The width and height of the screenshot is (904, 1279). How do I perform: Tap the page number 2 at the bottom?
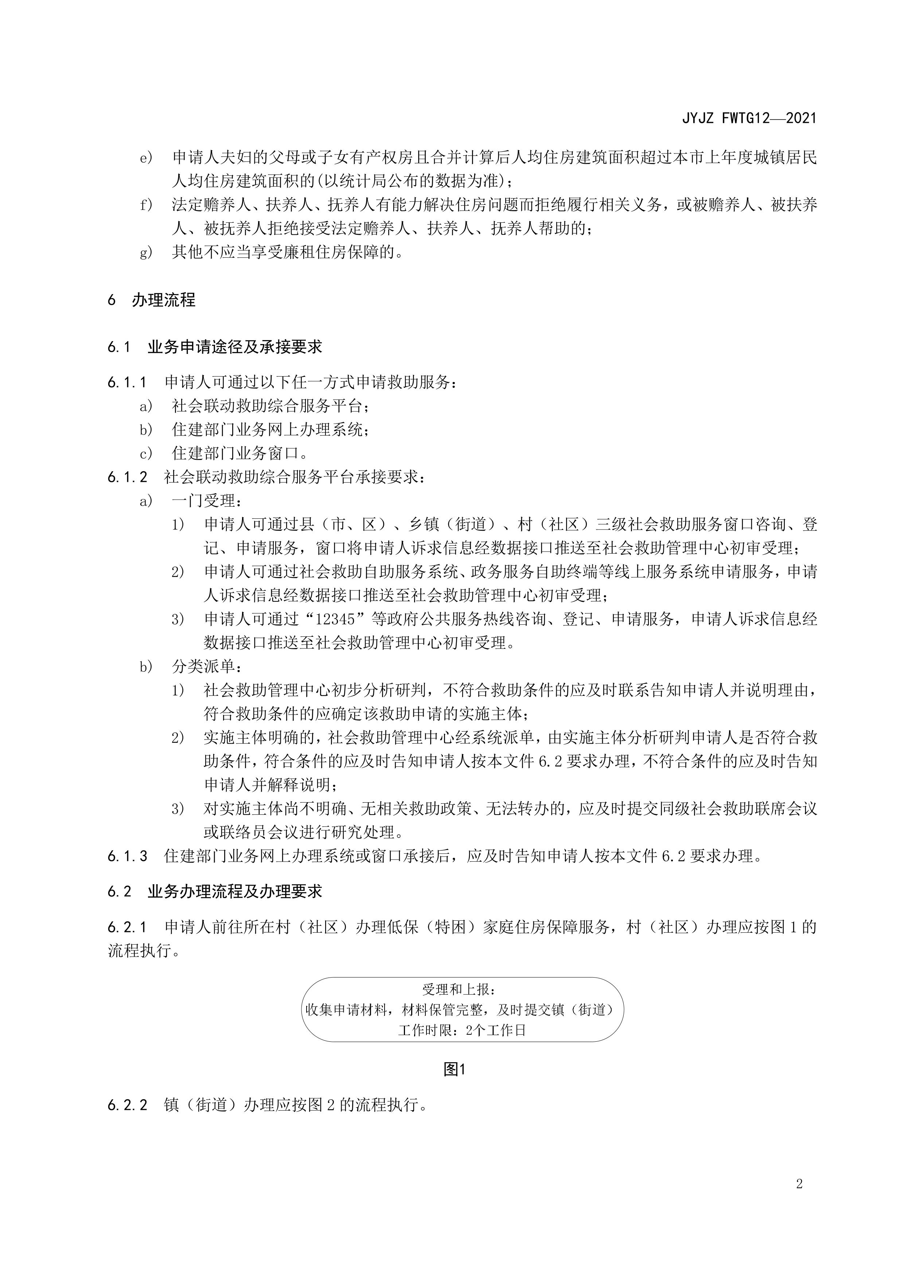pos(799,1199)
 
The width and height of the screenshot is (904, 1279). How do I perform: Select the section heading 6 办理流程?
pos(152,300)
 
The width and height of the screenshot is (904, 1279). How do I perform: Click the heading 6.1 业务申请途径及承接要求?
pos(215,347)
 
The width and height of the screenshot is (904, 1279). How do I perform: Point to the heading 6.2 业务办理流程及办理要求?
pos(215,891)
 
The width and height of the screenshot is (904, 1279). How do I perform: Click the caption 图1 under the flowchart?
pos(454,1069)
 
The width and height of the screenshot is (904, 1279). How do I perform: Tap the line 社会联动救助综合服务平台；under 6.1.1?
pos(270,406)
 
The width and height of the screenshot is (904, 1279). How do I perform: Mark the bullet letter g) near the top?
pos(146,253)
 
